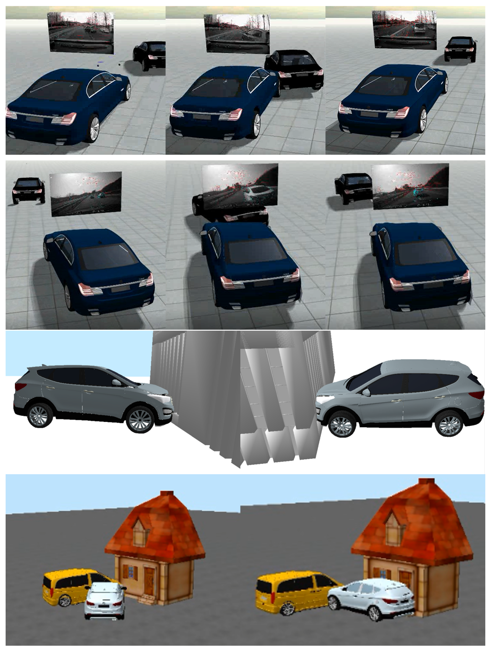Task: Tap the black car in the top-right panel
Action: [460, 49]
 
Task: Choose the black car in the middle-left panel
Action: [29, 190]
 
